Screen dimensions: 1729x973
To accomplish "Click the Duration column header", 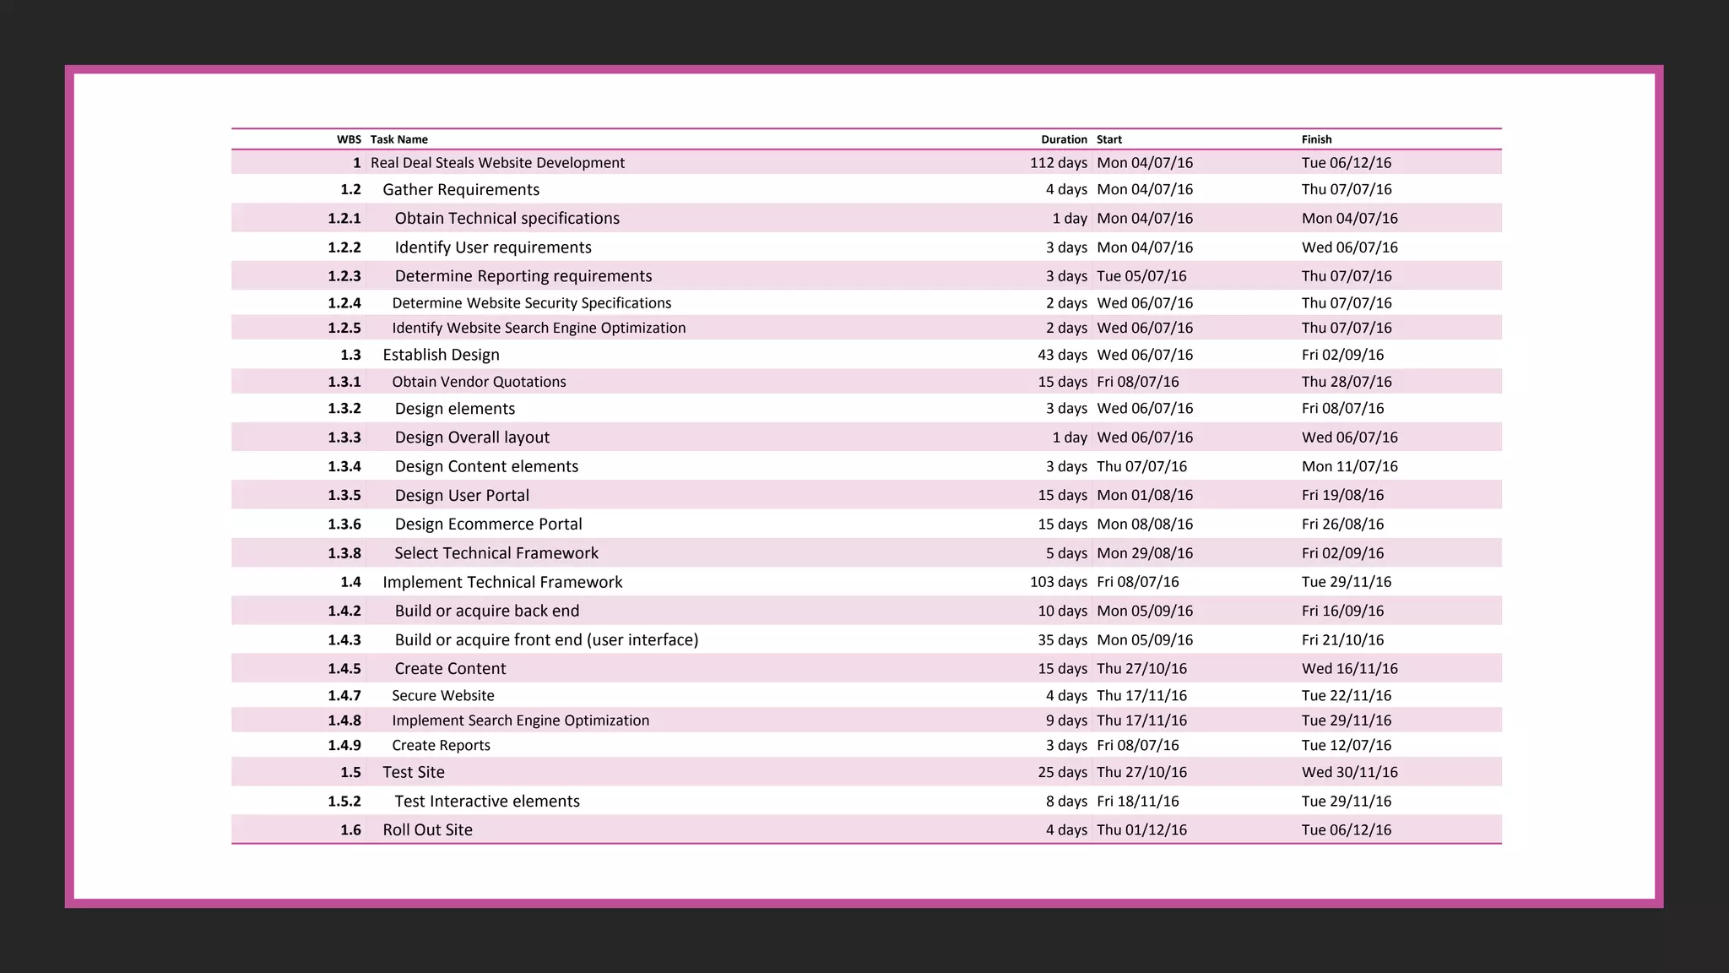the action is [1063, 139].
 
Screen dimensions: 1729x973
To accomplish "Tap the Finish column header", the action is [1316, 139].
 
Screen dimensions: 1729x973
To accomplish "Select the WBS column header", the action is [349, 139].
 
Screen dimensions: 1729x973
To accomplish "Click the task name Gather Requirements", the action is [460, 190].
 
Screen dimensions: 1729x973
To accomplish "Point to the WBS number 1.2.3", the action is [344, 276].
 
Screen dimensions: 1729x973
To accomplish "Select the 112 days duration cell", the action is [1058, 163].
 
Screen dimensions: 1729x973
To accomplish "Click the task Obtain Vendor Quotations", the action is [479, 382].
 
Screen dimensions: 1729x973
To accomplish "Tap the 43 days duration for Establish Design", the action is [1062, 355].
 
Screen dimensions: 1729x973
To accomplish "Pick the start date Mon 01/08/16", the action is [1145, 496].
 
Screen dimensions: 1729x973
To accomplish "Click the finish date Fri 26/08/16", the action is [1342, 525].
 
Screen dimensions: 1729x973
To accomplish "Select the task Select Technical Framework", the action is [496, 553].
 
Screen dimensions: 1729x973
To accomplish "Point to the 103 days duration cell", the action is [1058, 582].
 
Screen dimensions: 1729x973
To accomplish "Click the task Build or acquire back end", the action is [487, 611].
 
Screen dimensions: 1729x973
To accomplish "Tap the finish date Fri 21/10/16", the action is [1342, 640].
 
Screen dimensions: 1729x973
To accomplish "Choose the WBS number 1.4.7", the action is [344, 696].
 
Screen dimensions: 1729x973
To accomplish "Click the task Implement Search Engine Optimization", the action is [520, 720].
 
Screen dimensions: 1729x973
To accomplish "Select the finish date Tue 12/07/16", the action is [1346, 746].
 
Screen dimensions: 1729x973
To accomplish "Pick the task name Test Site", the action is [413, 772].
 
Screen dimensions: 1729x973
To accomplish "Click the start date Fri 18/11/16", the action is [1137, 802].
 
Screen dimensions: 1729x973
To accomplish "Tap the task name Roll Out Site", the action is [427, 830].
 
